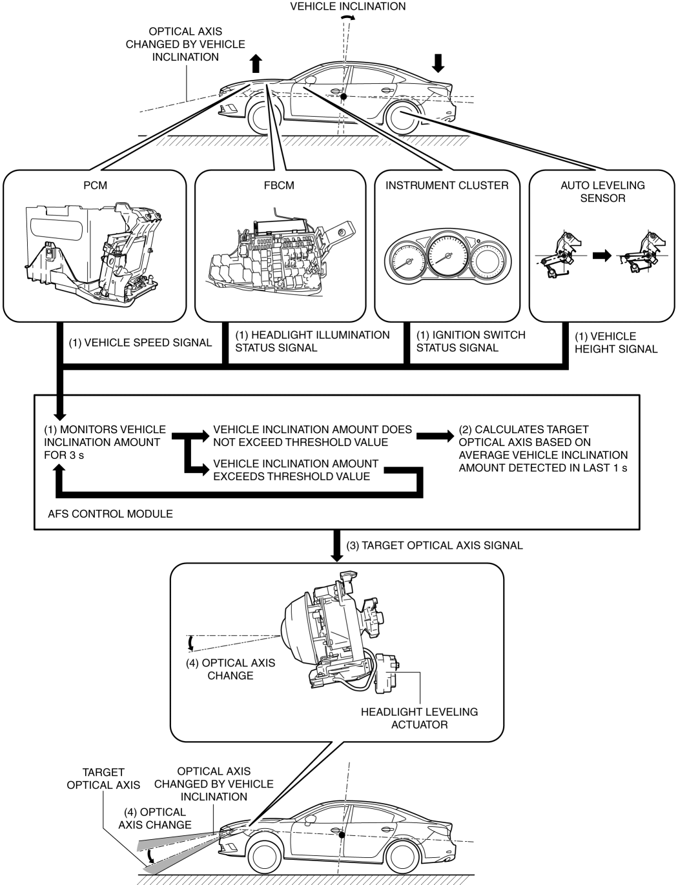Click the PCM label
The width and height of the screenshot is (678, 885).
[95, 185]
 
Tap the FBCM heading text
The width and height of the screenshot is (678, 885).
[279, 185]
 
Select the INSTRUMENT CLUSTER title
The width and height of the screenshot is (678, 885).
[447, 185]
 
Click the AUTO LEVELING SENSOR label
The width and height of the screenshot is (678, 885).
[602, 192]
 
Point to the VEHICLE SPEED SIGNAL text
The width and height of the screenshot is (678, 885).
[140, 343]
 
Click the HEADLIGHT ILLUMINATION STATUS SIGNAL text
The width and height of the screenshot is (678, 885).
[312, 341]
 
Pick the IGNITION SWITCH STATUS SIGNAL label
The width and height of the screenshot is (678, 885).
[470, 341]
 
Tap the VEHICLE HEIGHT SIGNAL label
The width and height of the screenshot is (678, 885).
[615, 343]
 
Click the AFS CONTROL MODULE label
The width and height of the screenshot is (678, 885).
[110, 514]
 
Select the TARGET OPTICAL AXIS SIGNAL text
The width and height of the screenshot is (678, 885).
[435, 545]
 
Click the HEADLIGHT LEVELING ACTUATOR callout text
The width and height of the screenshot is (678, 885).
[419, 718]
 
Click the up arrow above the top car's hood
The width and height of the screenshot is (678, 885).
[256, 63]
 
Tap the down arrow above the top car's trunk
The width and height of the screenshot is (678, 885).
[438, 63]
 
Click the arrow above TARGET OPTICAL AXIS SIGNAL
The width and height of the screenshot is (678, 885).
[337, 546]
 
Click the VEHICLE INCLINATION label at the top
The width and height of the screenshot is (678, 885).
[348, 6]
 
